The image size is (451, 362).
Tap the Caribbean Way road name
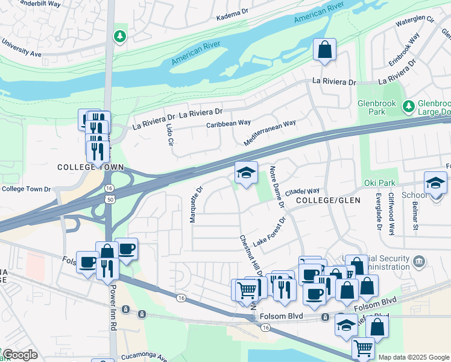(x=228, y=123)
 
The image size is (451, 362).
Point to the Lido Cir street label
(x=170, y=135)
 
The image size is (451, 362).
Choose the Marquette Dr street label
(x=194, y=204)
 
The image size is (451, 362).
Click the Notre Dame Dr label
(x=277, y=187)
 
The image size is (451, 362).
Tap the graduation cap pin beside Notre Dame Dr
(x=246, y=173)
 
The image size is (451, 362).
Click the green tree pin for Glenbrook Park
(x=408, y=107)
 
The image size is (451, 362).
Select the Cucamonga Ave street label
(x=144, y=356)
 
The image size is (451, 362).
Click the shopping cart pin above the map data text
(x=363, y=347)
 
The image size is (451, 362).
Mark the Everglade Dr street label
(x=379, y=212)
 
